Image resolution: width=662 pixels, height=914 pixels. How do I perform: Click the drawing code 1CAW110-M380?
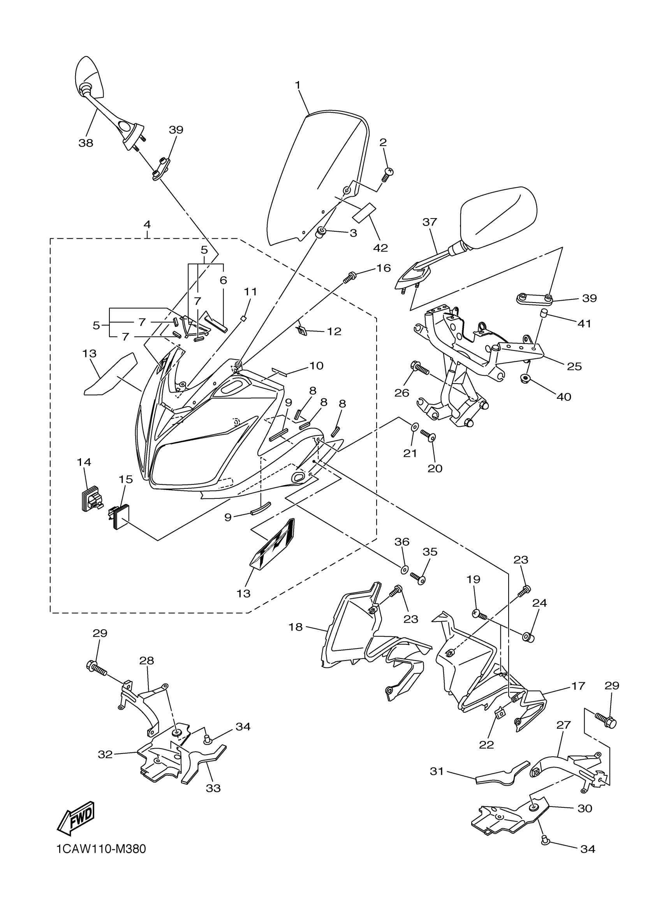tap(101, 860)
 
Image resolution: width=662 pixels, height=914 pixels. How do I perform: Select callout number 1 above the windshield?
tap(298, 85)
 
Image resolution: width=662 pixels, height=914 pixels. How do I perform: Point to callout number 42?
tap(380, 247)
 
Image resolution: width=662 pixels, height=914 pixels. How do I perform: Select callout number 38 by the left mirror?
tap(86, 143)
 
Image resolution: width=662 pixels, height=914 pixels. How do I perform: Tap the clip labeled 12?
tap(301, 331)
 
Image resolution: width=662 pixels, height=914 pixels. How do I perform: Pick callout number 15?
tap(125, 479)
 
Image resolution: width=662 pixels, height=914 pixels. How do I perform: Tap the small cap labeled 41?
tap(544, 313)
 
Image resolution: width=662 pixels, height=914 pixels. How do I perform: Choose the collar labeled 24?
tap(528, 637)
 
